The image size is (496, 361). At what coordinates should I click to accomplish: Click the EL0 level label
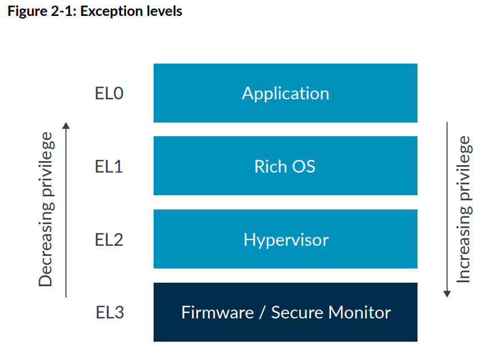[109, 93]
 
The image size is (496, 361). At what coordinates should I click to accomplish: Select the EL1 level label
[109, 166]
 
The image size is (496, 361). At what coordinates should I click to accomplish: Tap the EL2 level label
[109, 240]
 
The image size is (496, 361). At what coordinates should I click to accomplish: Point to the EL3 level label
[109, 313]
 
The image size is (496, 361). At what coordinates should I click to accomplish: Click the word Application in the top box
[286, 94]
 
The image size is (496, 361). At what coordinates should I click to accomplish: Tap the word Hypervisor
[286, 240]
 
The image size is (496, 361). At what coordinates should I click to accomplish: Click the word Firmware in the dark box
[217, 313]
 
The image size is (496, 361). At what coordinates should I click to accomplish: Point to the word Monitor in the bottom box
[359, 313]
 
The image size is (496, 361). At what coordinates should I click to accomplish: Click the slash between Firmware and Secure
[262, 313]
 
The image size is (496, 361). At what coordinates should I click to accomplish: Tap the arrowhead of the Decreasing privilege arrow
[66, 125]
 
